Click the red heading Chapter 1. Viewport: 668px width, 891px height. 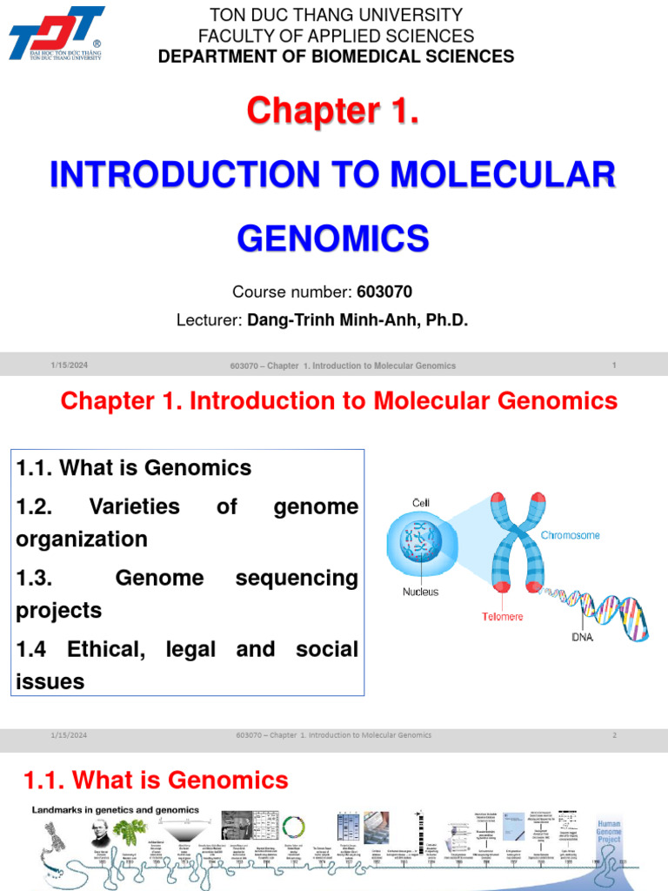pos(333,111)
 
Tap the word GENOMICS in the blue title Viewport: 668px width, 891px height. pos(333,237)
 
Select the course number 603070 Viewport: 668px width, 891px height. pos(384,291)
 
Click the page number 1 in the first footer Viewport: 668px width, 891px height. pos(614,365)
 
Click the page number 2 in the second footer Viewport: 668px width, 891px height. pos(614,735)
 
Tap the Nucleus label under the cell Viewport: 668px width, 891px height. pos(420,592)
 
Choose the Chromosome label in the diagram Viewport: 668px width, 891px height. pos(570,535)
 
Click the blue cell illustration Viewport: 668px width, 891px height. pos(422,545)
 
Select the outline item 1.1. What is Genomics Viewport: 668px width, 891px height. pos(134,467)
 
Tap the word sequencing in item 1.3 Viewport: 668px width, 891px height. pos(297,578)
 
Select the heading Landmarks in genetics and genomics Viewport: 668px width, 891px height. pos(116,810)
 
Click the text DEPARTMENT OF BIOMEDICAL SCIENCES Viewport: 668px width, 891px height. pos(336,57)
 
